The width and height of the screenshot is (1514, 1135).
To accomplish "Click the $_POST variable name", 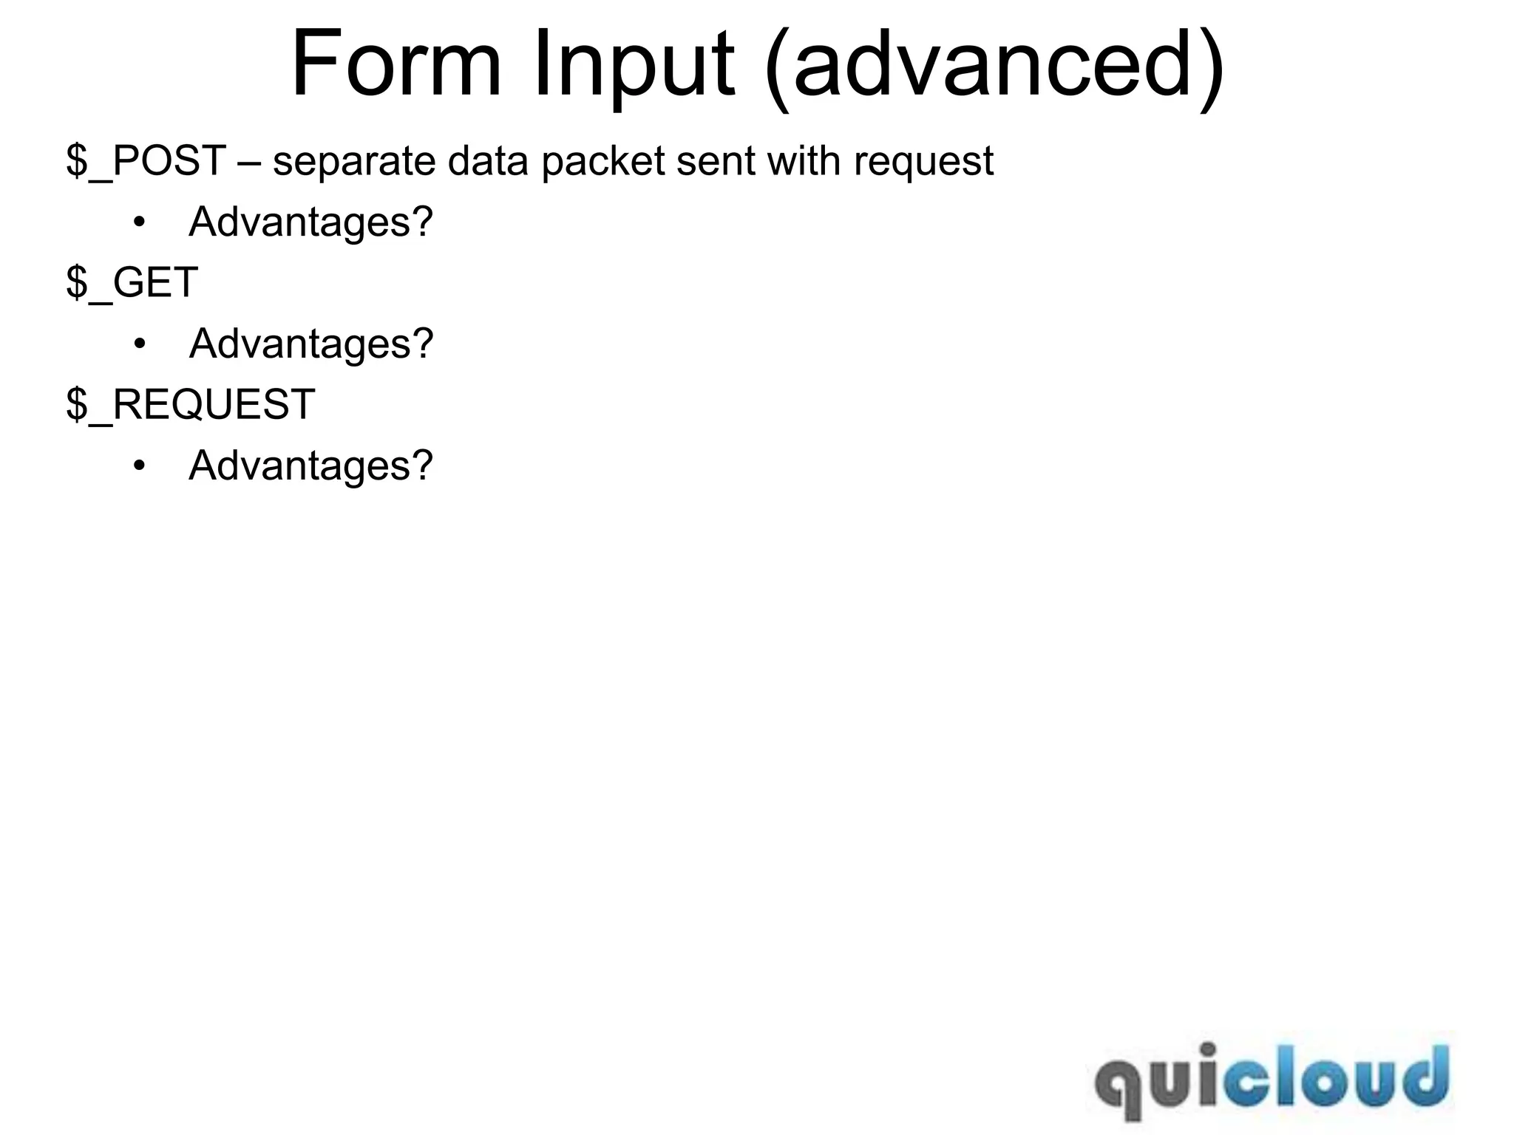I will pyautogui.click(x=146, y=160).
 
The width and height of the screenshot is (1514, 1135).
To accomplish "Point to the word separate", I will pyautogui.click(x=354, y=162).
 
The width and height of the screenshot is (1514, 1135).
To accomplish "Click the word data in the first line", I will pyautogui.click(x=488, y=160).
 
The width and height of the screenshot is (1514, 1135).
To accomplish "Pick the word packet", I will pyautogui.click(x=603, y=162).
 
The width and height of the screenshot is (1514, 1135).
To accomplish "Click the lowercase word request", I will pyautogui.click(x=923, y=162).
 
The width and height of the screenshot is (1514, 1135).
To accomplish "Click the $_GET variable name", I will pyautogui.click(x=132, y=282).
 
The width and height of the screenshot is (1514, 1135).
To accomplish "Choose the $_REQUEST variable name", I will pyautogui.click(x=191, y=404).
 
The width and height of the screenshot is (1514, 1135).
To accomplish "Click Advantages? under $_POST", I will pyautogui.click(x=310, y=222).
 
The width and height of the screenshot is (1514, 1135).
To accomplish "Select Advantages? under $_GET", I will pyautogui.click(x=310, y=344).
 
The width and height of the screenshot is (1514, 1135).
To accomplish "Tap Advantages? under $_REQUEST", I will pyautogui.click(x=310, y=466).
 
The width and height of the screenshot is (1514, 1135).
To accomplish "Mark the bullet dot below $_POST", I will pyautogui.click(x=140, y=222).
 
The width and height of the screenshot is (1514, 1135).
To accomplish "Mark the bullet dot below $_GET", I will pyautogui.click(x=140, y=344).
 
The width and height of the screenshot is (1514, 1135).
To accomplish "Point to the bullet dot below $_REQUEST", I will pyautogui.click(x=140, y=466).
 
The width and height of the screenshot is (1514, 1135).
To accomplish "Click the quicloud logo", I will pyautogui.click(x=1272, y=1080).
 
